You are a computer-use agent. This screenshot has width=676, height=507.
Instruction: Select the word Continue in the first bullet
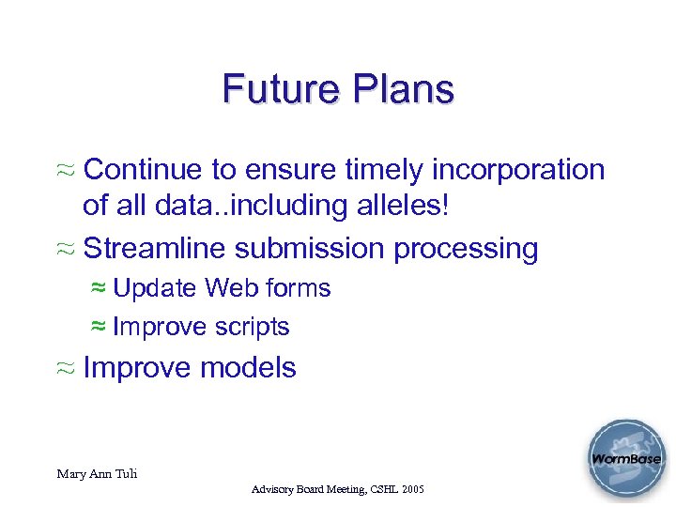(x=142, y=170)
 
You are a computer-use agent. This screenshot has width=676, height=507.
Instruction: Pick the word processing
(x=466, y=250)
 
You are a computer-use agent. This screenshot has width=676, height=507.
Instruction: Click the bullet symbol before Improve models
(x=67, y=368)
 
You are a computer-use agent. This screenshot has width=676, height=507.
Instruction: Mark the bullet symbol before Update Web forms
(x=98, y=288)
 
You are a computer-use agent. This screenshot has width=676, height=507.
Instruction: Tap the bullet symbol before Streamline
(x=67, y=250)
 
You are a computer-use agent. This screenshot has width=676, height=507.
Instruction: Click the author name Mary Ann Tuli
(x=97, y=474)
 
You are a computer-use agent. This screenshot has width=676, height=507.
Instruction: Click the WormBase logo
(x=625, y=460)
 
